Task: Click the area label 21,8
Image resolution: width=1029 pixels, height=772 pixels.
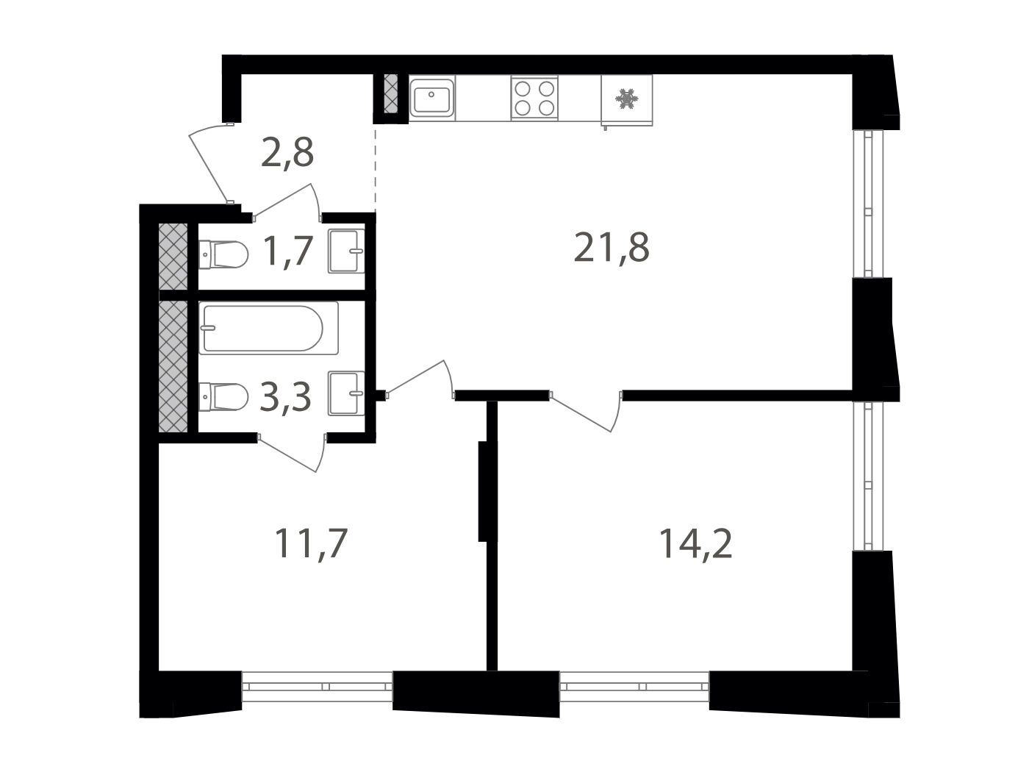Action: (x=611, y=248)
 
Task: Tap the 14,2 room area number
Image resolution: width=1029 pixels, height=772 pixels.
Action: (x=695, y=543)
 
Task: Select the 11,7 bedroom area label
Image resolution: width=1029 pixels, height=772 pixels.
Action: (x=311, y=543)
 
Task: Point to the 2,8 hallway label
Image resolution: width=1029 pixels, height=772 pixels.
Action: (x=287, y=152)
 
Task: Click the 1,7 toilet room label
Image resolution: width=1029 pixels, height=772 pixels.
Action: (x=288, y=250)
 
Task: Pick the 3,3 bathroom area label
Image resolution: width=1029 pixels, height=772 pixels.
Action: (x=285, y=396)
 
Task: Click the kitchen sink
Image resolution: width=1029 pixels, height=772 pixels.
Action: (x=431, y=98)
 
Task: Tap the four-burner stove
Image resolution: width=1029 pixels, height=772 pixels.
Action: (x=534, y=98)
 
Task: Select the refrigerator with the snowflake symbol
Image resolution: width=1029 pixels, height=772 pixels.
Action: (x=626, y=100)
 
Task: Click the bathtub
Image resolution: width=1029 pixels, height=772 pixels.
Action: (x=268, y=328)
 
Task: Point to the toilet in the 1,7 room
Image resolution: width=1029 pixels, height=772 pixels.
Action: (x=223, y=255)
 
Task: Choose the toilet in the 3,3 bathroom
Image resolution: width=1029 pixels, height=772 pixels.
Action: (x=223, y=397)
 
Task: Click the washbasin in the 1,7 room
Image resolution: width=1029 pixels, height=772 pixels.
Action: (x=346, y=251)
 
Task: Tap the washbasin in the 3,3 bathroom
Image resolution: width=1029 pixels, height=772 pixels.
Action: (x=346, y=393)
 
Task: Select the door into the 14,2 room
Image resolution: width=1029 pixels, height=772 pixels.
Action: (x=586, y=411)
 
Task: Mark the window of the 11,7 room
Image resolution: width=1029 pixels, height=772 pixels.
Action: (x=317, y=686)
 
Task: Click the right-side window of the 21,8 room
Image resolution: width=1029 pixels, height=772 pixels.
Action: (x=868, y=204)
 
